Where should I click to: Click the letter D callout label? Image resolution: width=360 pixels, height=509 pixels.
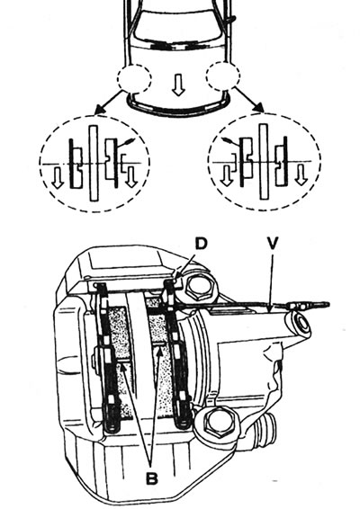[x=201, y=244]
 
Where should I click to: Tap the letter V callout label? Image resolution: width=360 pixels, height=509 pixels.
[x=273, y=243]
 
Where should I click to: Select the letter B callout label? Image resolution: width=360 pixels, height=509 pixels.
[x=151, y=478]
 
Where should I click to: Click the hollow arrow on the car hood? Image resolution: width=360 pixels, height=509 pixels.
[x=178, y=85]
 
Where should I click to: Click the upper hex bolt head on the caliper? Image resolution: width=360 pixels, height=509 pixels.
[x=198, y=286]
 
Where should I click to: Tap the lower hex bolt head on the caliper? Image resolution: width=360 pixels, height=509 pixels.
[x=215, y=422]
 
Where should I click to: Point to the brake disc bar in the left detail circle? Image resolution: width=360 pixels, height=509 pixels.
[x=94, y=163]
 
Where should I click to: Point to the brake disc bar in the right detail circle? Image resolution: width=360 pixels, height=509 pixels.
[x=264, y=161]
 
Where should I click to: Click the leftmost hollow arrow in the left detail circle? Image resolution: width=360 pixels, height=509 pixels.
[x=58, y=177]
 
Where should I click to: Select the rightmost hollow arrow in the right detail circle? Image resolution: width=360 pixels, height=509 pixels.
[x=301, y=174]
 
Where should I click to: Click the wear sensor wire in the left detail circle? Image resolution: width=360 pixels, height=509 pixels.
[x=126, y=143]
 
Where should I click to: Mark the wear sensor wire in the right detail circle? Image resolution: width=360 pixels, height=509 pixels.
[x=231, y=141]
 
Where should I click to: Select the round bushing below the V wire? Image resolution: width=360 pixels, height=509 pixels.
[x=299, y=324]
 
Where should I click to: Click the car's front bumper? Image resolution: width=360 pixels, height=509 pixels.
[x=178, y=107]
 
